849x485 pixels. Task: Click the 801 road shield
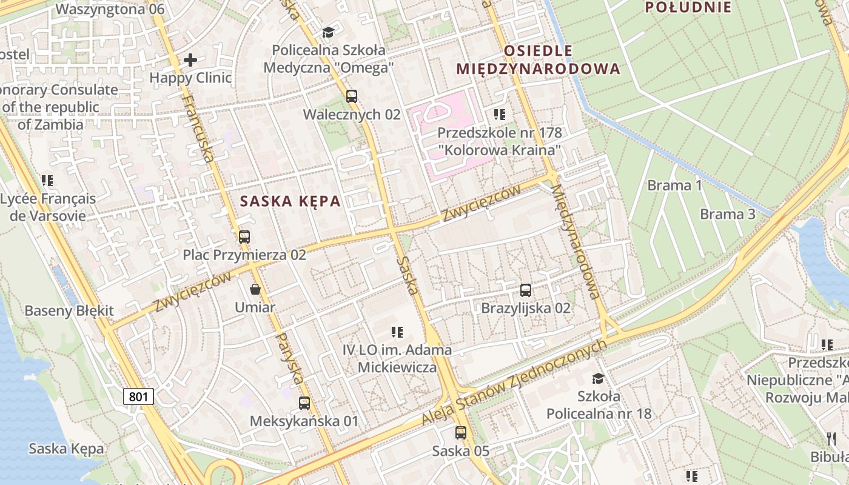[138, 396]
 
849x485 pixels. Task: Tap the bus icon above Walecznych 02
[351, 96]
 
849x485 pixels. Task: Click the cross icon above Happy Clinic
[190, 59]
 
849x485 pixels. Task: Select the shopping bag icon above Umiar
[255, 289]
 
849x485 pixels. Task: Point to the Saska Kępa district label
[290, 201]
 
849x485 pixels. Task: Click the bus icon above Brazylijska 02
[526, 290]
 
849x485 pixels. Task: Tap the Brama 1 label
[674, 186]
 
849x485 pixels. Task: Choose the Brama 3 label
[727, 214]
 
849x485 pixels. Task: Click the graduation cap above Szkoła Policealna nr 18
[598, 378]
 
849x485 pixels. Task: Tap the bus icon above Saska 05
[461, 433]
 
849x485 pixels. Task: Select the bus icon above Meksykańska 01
[304, 403]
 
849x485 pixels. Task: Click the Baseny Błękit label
[69, 311]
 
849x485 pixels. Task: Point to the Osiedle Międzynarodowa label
[539, 59]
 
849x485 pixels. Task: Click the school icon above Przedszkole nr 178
[499, 114]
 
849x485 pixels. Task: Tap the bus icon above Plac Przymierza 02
[244, 236]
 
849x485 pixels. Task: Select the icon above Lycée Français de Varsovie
[47, 180]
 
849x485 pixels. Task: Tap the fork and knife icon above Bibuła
[831, 438]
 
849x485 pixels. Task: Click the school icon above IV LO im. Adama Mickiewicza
[397, 332]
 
